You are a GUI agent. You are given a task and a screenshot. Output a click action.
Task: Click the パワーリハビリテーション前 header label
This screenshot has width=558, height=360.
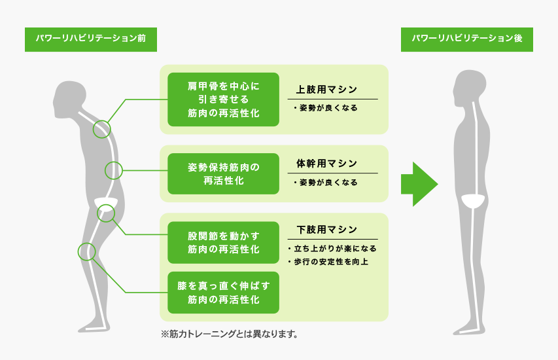pos(91,39)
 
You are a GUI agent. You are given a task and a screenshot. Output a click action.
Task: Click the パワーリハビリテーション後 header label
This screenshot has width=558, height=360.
pos(467,39)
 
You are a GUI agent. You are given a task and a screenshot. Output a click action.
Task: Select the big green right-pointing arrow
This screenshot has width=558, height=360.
pos(419,184)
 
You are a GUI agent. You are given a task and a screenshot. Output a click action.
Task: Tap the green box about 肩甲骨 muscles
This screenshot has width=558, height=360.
pos(223,99)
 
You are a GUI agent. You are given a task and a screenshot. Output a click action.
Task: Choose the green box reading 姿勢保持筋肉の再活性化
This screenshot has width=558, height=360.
pos(223,173)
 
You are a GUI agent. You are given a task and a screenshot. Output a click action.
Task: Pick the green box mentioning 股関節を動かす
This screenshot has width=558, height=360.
pos(223,242)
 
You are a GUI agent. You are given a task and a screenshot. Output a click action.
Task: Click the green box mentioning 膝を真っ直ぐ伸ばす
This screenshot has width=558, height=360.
pos(223,293)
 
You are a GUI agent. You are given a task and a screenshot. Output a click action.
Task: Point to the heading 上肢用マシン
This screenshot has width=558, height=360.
pos(326,90)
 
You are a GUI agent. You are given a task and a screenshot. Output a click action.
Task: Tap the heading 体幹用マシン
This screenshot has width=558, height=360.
pos(326,164)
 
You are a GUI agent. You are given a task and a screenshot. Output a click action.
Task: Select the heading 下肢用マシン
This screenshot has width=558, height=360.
pos(326,230)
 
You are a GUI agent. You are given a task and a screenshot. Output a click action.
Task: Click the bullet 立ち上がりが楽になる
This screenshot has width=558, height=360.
pos(332,249)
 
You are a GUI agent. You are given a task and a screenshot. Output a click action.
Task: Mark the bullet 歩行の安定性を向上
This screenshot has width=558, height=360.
pos(328,262)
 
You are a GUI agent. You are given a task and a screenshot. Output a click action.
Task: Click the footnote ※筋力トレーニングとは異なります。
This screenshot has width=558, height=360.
pos(229,334)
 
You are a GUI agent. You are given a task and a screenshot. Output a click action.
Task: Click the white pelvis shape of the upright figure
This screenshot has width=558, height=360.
pos(473,200)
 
